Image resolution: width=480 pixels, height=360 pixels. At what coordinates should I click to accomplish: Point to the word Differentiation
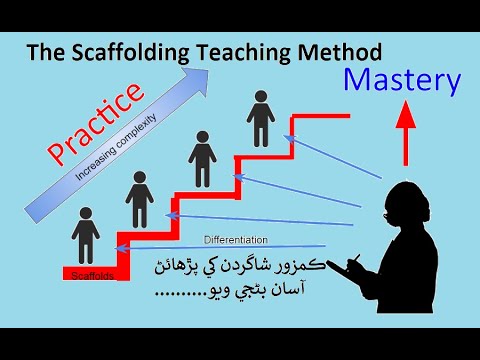[239, 240]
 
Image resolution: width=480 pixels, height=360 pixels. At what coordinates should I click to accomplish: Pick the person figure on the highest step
[261, 117]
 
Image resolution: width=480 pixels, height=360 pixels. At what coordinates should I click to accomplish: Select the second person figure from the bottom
[137, 198]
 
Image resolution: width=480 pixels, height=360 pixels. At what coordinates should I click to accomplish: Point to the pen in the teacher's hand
[352, 263]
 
